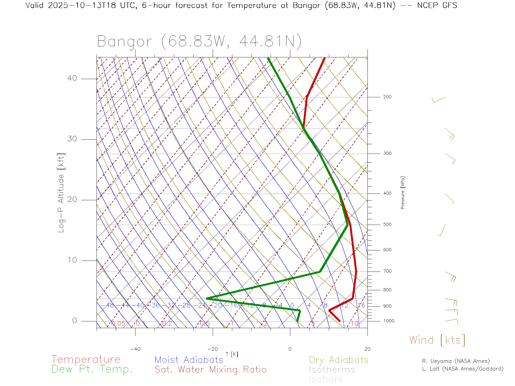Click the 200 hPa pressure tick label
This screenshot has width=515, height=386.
pos(387,97)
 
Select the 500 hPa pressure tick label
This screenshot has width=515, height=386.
pos(387,225)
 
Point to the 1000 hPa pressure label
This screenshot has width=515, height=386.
pos(389,321)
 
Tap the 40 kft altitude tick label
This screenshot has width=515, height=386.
pos(72,78)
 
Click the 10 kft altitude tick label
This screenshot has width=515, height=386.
pos(72,260)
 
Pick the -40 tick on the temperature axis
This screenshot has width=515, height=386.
pos(135,349)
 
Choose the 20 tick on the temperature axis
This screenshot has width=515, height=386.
pos(367,349)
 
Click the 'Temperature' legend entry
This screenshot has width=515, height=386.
pos(86,359)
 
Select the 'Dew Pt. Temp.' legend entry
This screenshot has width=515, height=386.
pos(92,369)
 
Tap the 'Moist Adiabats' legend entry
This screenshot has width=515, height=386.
pos(189,360)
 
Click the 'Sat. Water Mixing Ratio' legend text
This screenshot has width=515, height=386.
pos(210,370)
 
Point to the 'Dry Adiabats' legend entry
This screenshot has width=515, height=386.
pos(339,360)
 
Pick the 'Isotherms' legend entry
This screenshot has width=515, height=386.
pos(332,370)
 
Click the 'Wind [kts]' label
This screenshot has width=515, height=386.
pos(437,340)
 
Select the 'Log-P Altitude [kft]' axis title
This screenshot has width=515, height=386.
pos(61,193)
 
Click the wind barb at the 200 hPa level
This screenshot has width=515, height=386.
pos(438,100)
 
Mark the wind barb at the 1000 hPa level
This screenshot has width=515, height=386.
pos(452,321)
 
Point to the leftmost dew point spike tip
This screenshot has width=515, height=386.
pos(207,298)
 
